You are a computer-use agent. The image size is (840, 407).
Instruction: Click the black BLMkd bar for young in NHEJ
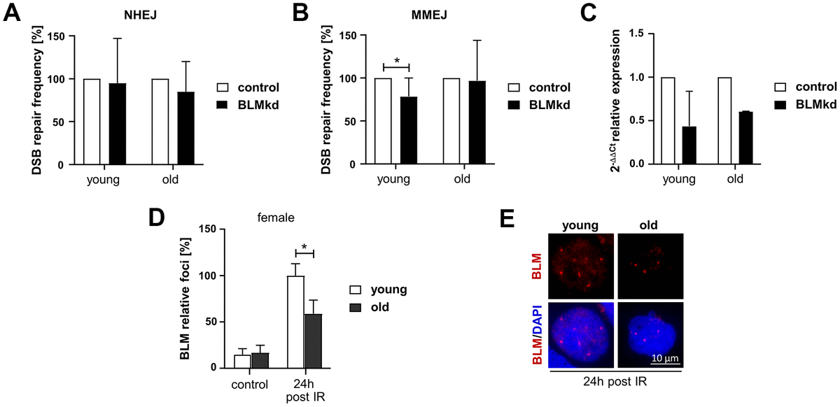pyautogui.click(x=118, y=124)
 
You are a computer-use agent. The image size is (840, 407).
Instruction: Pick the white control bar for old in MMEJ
pyautogui.click(x=451, y=121)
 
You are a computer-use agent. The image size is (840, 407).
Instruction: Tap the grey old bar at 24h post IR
pyautogui.click(x=312, y=341)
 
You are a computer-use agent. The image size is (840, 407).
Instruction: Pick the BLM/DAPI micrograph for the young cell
pyautogui.click(x=581, y=335)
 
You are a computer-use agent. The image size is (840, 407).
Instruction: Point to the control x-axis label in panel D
pyautogui.click(x=249, y=384)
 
